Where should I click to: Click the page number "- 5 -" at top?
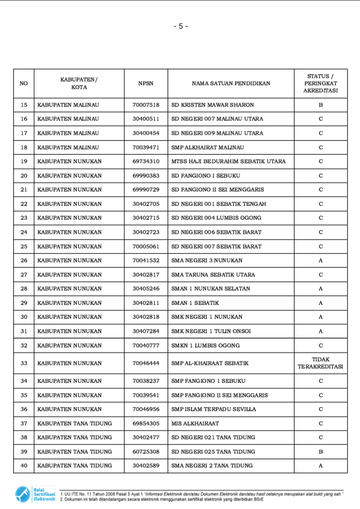[x=180, y=26]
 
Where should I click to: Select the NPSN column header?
[x=146, y=84]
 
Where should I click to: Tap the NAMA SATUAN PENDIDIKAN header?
[x=231, y=84]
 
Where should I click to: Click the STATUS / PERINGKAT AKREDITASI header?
[x=320, y=84]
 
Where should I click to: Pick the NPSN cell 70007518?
[x=146, y=105]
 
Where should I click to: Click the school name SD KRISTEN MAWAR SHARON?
[x=212, y=105]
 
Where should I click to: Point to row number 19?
[x=24, y=162]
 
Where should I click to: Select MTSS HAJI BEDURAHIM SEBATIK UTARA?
[x=228, y=162]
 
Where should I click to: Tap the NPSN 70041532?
[x=146, y=260]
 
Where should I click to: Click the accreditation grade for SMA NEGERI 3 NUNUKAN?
[x=320, y=260]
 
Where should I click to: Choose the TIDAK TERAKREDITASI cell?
[x=320, y=363]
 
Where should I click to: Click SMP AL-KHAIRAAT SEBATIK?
[x=209, y=363]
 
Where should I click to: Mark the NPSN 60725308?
[x=146, y=452]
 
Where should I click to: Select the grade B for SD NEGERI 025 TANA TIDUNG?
[x=320, y=452]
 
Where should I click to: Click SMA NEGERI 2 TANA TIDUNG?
[x=212, y=466]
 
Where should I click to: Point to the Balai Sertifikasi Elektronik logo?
[x=35, y=494]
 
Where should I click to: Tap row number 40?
[x=24, y=466]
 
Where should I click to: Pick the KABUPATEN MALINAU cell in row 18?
[x=68, y=148]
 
